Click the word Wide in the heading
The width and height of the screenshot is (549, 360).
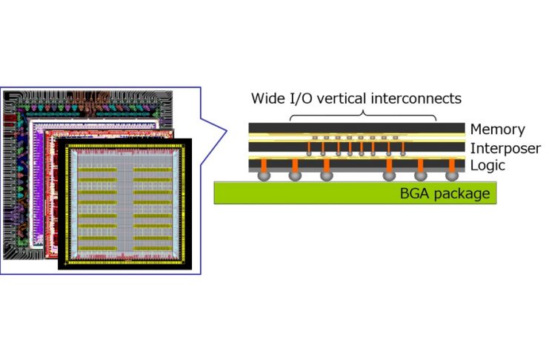[268, 99]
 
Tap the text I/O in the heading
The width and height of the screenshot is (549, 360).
[304, 99]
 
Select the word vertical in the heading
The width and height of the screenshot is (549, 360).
[345, 99]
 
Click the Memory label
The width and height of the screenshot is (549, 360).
[497, 130]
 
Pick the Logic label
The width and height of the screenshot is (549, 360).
[488, 165]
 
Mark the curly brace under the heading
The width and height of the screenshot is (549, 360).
[362, 114]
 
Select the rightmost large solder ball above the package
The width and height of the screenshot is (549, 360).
[452, 177]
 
